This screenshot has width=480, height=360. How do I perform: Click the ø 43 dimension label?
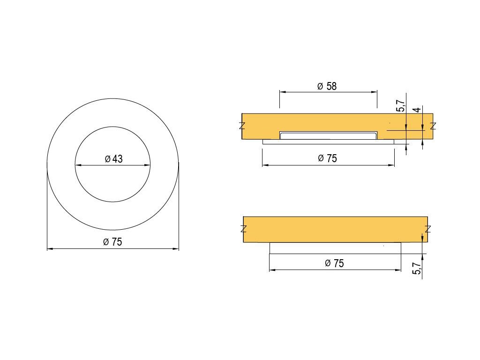coord(113,159)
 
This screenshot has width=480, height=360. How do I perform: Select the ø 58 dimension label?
coord(327,86)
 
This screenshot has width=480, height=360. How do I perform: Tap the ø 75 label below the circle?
coord(112,242)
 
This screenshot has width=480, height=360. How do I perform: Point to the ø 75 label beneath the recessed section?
coord(327,158)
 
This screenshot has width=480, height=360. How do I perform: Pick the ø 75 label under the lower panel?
coord(334,263)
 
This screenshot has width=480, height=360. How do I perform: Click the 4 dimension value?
coord(417,110)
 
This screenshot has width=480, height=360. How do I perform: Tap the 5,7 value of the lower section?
coord(417,268)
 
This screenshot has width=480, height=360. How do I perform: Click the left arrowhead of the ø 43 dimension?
coord(78,165)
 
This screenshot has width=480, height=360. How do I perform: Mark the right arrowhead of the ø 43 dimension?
coord(147,165)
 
